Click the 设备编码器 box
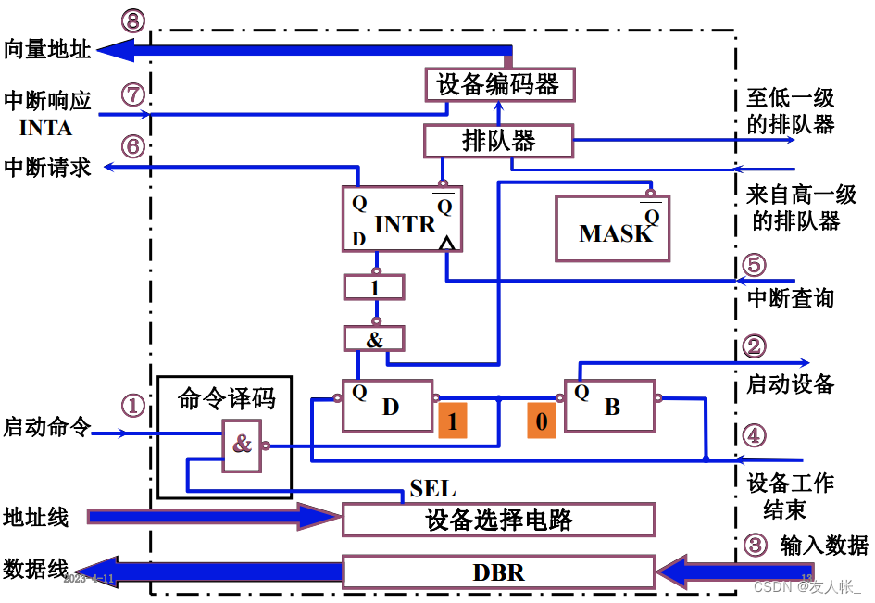pos(498,85)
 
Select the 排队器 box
pos(498,141)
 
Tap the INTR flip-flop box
pos(401,219)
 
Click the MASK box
pos(611,228)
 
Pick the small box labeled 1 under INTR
pos(374,287)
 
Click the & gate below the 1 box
pos(374,339)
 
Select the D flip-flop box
pos(387,405)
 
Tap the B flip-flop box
pos(609,405)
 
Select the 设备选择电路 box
pos(498,520)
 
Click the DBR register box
pos(498,572)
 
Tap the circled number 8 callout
pos(133,21)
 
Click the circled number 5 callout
pos(755,265)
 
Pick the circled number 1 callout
pos(133,405)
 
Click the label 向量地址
pos(47,49)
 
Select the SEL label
pos(431,489)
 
